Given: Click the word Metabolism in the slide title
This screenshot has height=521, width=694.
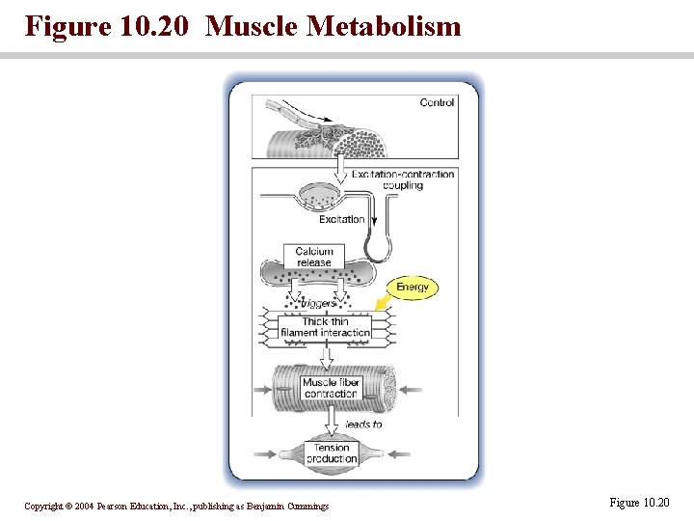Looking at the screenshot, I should [383, 26].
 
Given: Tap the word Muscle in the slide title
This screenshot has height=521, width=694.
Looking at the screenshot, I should [253, 26].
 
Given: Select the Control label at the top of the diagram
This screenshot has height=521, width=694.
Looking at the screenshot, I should [437, 103].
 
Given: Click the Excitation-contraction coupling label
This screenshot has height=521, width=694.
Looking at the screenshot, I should [402, 179].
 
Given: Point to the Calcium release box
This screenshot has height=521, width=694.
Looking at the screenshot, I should [314, 257].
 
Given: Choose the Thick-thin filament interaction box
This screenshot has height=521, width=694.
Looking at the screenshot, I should [325, 327].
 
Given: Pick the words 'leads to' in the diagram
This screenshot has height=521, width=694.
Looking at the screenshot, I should [363, 424].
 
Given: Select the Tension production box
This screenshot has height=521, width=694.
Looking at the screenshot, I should [331, 453].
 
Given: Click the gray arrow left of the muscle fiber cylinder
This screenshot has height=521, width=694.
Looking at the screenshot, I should [262, 391].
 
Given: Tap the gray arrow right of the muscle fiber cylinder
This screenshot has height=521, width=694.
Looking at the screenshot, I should [409, 390].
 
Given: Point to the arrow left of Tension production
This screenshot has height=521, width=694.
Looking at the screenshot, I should [265, 452].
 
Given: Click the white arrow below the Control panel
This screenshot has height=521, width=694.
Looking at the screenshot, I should [340, 169].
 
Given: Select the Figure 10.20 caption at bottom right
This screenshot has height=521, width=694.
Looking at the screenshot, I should [639, 503].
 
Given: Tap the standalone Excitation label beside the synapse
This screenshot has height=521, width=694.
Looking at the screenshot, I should [341, 219].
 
